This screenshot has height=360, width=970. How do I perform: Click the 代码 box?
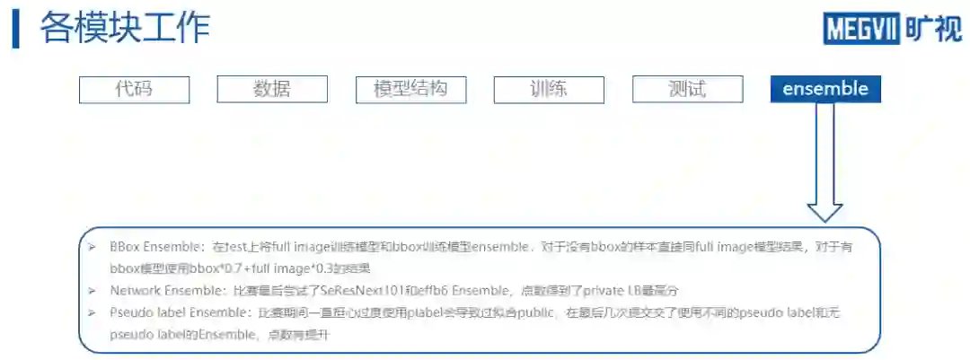134,89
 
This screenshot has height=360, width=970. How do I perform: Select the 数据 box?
272,89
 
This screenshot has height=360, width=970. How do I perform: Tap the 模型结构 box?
410,89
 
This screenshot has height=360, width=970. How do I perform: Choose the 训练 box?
549,89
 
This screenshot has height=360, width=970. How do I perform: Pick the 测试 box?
687,89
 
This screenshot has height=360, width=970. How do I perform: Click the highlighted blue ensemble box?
825,89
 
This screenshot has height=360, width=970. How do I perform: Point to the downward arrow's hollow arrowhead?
824,210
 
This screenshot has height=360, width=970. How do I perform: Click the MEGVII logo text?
861,29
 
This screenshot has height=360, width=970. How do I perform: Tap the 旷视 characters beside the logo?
933,29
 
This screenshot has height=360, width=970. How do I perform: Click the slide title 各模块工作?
125,28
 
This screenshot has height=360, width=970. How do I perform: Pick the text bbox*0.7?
214,268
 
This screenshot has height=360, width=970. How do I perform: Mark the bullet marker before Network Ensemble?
92,291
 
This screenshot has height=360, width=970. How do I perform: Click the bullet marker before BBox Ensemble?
92,246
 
